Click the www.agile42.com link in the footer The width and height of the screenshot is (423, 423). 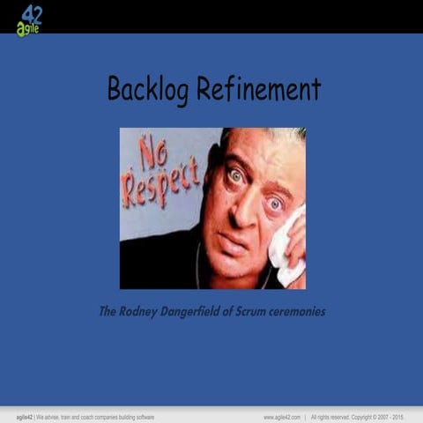click(x=282, y=416)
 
